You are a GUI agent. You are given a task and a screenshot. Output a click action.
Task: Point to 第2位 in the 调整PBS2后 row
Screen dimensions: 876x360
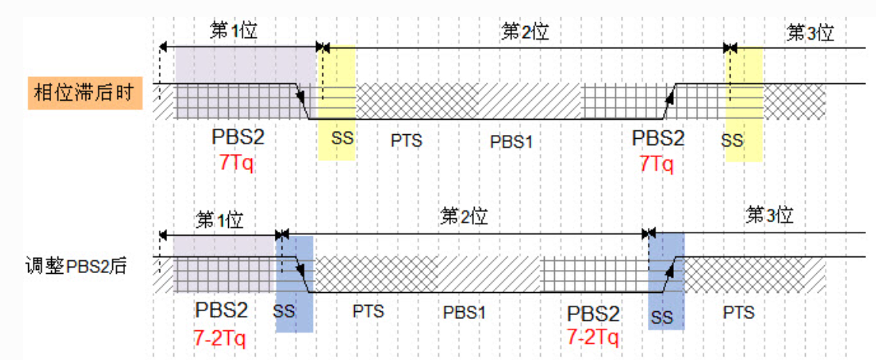point(464,216)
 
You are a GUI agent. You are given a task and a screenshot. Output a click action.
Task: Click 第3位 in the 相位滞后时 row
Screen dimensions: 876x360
point(810,33)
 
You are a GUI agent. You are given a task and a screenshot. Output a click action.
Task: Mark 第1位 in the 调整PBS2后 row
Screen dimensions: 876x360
point(220,220)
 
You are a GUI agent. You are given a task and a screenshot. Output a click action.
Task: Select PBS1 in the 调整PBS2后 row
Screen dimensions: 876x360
point(465,313)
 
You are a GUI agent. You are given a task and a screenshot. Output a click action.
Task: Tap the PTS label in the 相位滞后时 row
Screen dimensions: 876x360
point(405,141)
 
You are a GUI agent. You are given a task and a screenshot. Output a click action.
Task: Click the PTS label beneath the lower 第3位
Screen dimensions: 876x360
point(738,312)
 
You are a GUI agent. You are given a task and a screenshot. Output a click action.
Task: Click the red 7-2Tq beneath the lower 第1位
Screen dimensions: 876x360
point(221,336)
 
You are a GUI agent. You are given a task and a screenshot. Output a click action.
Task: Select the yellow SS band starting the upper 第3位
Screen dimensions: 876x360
point(744,103)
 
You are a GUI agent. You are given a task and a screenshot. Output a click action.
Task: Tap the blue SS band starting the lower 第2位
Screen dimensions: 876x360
point(294,282)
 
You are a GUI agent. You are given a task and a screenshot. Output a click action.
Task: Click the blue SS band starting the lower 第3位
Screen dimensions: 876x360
point(666,282)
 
